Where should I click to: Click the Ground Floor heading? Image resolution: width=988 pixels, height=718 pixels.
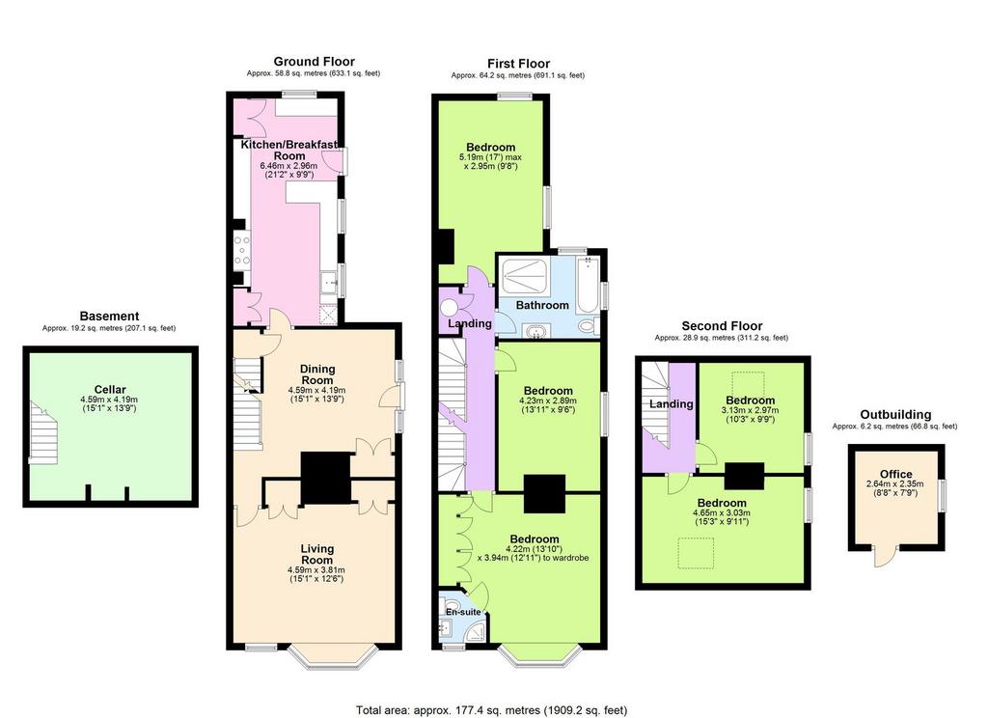point(314,61)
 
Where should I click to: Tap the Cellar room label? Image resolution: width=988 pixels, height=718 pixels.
point(110,390)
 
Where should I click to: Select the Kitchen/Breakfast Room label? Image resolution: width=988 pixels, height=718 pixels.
point(289,150)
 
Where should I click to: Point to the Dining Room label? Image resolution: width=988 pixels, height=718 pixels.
point(316,374)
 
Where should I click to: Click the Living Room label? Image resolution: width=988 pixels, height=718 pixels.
point(316,554)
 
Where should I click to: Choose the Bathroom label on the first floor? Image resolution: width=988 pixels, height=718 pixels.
point(542,305)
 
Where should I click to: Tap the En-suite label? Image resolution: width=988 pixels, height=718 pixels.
point(463,612)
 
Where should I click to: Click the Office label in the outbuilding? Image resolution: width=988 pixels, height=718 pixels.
point(896,474)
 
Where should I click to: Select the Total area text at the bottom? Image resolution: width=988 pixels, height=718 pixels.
point(491,710)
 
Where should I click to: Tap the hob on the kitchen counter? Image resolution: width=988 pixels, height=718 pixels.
point(242,249)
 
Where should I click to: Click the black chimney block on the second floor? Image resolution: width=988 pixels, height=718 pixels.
point(745,476)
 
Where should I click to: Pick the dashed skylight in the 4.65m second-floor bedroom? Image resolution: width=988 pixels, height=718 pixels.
point(696,554)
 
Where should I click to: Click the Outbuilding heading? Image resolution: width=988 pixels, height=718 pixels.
point(895,414)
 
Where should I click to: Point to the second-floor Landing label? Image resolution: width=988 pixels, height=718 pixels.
point(672,404)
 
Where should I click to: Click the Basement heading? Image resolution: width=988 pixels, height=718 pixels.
point(109,316)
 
